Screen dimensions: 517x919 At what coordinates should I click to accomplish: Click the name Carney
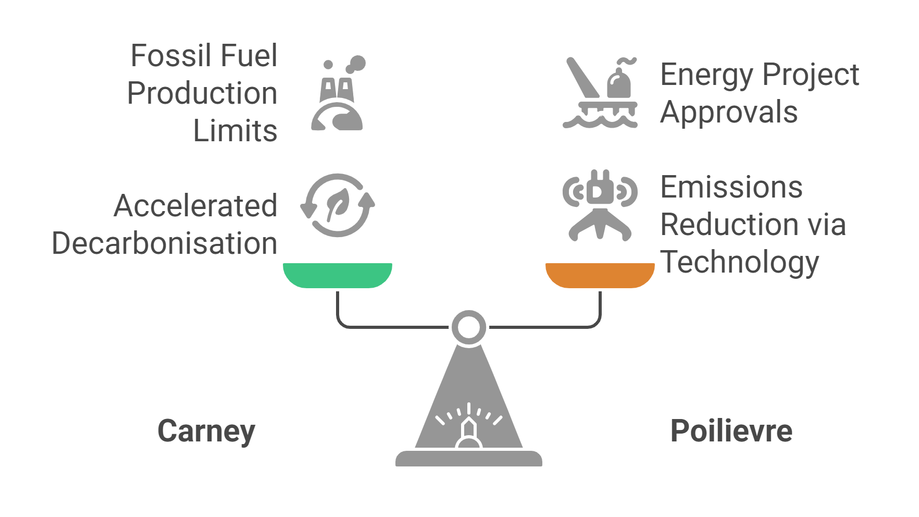(x=206, y=432)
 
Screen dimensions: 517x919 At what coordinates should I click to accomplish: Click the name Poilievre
(x=731, y=431)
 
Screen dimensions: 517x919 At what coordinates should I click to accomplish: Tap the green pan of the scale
(x=337, y=275)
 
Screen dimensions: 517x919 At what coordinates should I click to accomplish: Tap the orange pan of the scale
(x=600, y=275)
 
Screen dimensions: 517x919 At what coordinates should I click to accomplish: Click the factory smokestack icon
(x=338, y=94)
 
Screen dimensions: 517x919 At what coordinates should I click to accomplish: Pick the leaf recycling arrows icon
(x=338, y=205)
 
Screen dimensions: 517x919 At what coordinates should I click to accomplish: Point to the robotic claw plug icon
(x=600, y=205)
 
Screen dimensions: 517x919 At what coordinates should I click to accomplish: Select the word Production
(x=202, y=93)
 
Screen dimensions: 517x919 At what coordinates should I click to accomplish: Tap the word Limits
(x=235, y=131)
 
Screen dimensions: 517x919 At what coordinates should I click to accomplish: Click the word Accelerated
(x=195, y=206)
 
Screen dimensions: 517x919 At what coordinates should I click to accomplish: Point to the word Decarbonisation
(x=165, y=243)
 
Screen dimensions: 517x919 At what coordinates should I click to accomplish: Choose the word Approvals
(x=729, y=112)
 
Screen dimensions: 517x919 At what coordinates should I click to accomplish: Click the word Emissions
(x=731, y=187)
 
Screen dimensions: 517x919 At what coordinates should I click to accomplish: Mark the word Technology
(x=740, y=262)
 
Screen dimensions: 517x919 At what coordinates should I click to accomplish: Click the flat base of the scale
(x=469, y=459)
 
